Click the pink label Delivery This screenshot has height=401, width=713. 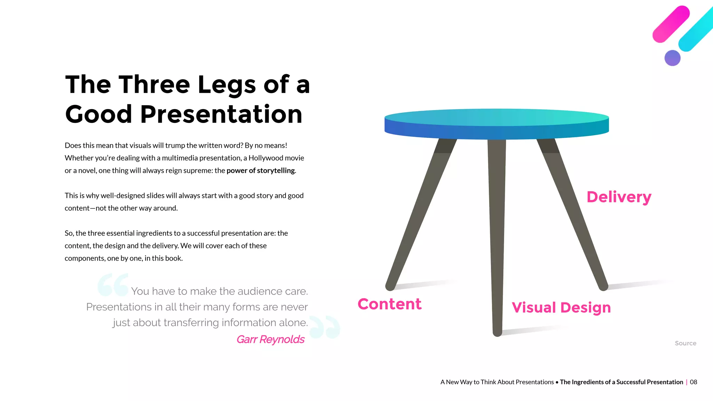pos(619,197)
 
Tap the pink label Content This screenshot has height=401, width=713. pos(389,304)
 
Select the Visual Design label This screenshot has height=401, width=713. pos(561,308)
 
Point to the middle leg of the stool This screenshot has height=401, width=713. pos(497,237)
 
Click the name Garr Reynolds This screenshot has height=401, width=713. pos(270,339)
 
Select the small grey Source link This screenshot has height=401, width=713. pos(685,343)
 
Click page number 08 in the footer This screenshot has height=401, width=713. pos(693,382)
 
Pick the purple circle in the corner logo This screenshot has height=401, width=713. pos(672,58)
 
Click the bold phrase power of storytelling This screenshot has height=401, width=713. pos(260,170)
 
